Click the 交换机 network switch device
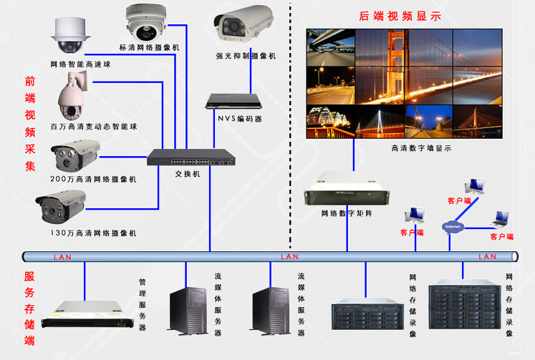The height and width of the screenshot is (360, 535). tap(191, 157)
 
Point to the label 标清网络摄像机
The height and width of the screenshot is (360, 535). tap(150, 47)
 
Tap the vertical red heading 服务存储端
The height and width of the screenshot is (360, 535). tap(29, 308)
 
